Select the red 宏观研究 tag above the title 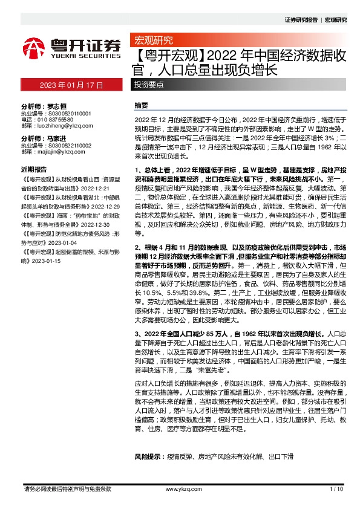click(153, 41)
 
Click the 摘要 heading click(141, 105)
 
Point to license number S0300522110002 click(65, 146)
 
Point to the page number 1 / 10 click(337, 488)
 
